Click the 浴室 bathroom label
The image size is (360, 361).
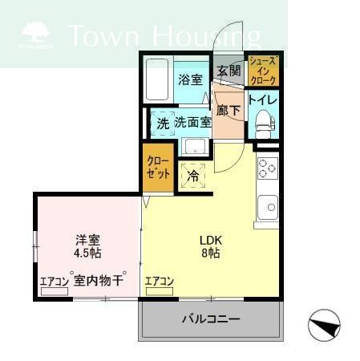click(x=189, y=80)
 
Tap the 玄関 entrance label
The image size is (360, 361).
click(x=229, y=71)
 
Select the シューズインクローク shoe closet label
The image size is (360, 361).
click(x=263, y=71)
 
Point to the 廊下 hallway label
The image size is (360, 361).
click(x=228, y=110)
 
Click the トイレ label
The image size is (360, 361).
click(x=262, y=100)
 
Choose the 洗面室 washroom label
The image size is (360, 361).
click(x=193, y=123)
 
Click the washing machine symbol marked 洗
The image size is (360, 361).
click(x=163, y=124)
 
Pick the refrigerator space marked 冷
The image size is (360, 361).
click(x=193, y=174)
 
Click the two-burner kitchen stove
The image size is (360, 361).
click(x=266, y=169)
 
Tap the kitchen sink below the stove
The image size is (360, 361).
click(x=266, y=206)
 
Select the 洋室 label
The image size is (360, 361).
click(x=88, y=239)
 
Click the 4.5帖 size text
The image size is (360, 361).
click(x=87, y=253)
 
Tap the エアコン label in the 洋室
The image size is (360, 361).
click(x=55, y=282)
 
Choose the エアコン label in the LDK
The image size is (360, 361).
click(x=160, y=282)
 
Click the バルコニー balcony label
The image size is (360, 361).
click(x=210, y=319)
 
